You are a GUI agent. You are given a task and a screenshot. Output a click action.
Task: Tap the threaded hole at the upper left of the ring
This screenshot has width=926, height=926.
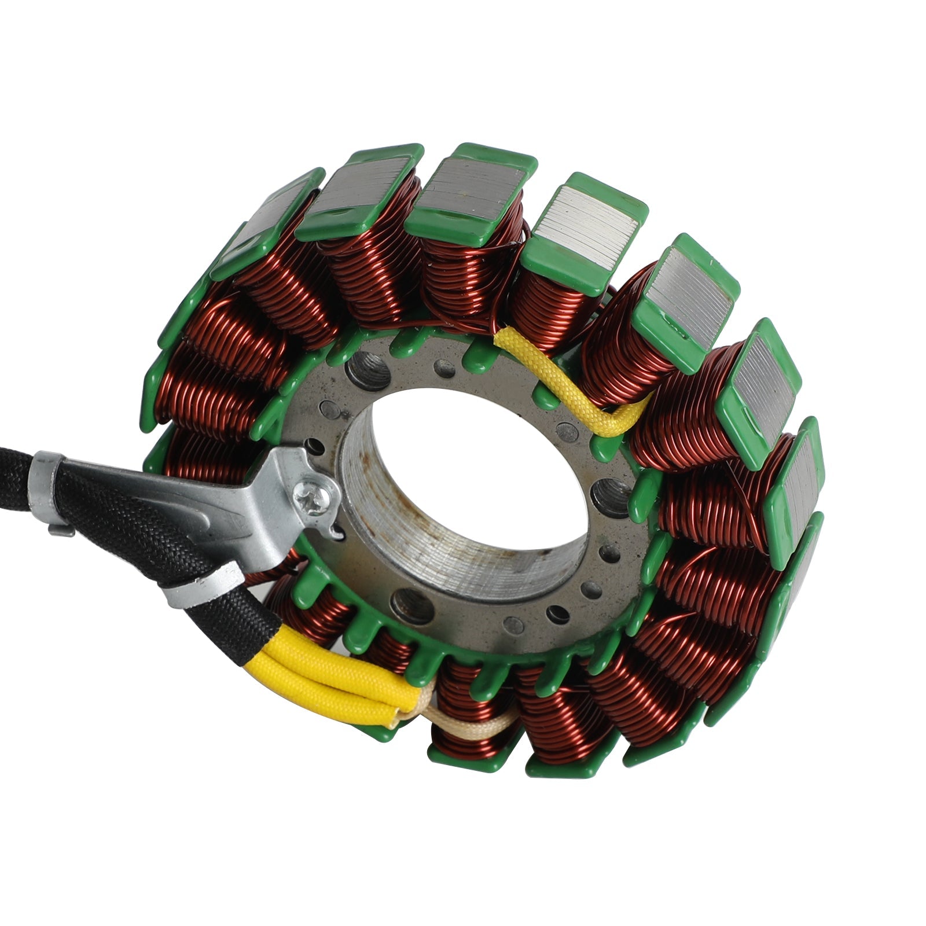pos(368,369)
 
